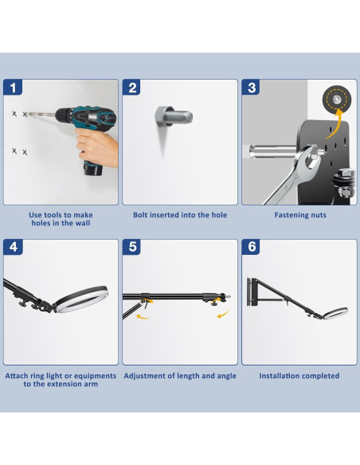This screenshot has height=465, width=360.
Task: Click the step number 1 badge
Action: coord(13,88)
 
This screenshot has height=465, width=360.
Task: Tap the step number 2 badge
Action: coord(132,88)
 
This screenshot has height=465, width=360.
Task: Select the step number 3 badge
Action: coord(251,88)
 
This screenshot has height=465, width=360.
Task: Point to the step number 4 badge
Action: coord(13,247)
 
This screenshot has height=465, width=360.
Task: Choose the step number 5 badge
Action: coord(132,247)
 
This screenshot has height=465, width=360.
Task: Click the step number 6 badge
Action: coord(251,247)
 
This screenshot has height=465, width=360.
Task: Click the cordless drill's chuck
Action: coord(64,115)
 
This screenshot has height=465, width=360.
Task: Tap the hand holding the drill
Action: coord(96,147)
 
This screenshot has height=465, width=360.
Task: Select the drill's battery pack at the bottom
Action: coord(93,168)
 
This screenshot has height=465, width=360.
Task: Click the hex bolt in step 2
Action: coord(174,116)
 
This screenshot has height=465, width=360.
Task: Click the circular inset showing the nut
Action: coord(337,100)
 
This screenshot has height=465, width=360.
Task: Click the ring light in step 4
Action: coord(80,299)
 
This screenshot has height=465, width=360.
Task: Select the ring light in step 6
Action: coord(335,314)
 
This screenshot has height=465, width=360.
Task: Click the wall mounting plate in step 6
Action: coord(253,292)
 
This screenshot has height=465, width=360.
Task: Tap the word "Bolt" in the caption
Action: coord(140,215)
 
